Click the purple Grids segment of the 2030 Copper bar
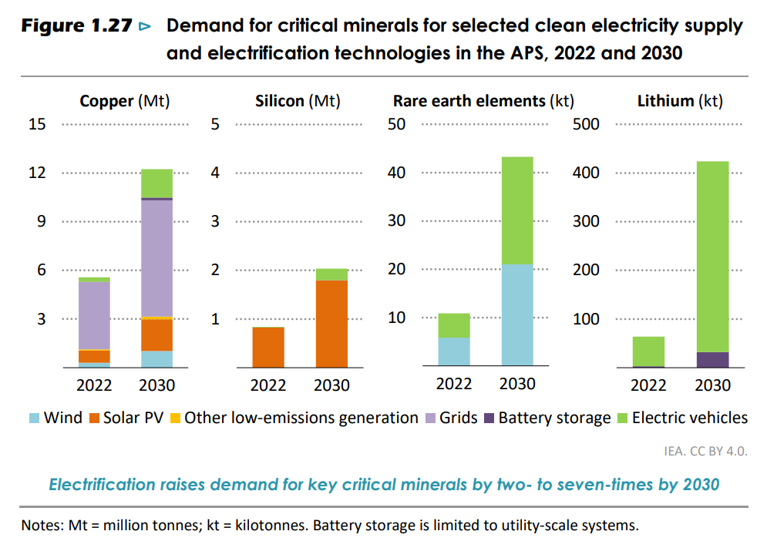pos(156,257)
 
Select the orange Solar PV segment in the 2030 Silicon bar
pos(331,324)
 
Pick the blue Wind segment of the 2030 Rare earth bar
pos(517,315)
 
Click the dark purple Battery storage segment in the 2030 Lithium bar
pos(712,359)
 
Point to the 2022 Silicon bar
pos(268,348)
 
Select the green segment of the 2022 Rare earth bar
pos(454,325)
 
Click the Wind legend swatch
pos(34,419)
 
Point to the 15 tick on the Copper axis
pos(37,124)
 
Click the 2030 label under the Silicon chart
pos(331,385)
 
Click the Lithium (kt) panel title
pos(680,101)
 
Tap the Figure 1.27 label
pos(75,26)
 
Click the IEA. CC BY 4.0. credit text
pos(705,452)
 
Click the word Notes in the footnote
pos(39,526)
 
